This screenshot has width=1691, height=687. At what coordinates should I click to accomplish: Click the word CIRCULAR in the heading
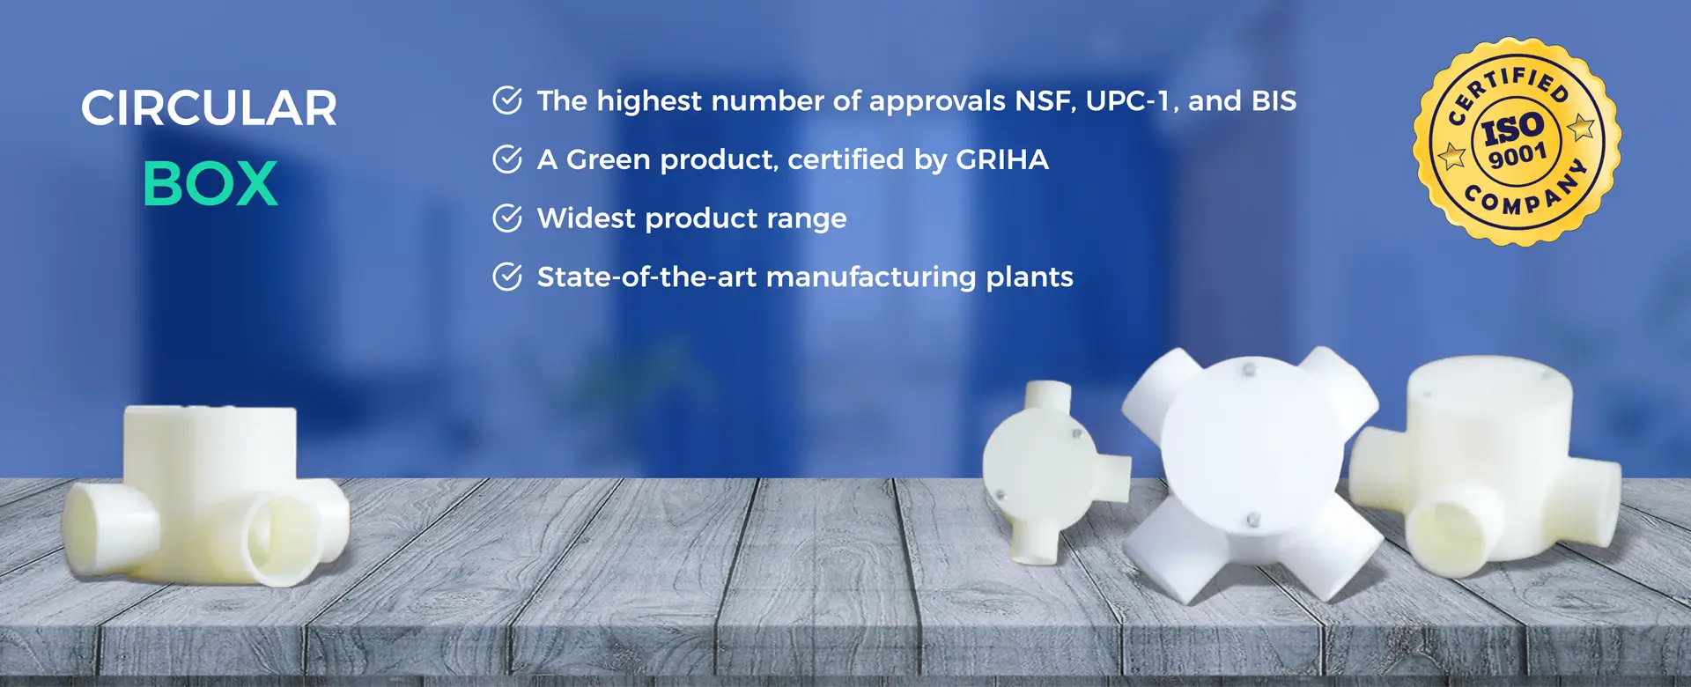[x=209, y=108]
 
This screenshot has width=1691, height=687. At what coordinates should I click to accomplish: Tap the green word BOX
[x=210, y=184]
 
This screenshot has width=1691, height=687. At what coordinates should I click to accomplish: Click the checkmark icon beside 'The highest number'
[x=507, y=100]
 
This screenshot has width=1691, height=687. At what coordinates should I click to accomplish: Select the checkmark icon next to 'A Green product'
[x=507, y=159]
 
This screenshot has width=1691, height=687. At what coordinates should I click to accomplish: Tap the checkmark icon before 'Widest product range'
[x=507, y=218]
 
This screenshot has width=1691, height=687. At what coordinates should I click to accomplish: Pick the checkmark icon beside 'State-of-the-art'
[x=507, y=277]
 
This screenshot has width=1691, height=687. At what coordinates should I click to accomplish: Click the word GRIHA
[x=1002, y=159]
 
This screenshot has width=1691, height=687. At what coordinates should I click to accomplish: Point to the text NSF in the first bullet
[x=1045, y=101]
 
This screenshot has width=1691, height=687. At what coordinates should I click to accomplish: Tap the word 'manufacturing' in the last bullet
[x=871, y=277]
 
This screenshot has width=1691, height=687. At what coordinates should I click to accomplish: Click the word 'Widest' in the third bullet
[x=587, y=218]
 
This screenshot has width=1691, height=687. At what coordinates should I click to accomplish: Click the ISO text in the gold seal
[x=1513, y=129]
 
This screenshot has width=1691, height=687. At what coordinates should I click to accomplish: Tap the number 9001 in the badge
[x=1517, y=156]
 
